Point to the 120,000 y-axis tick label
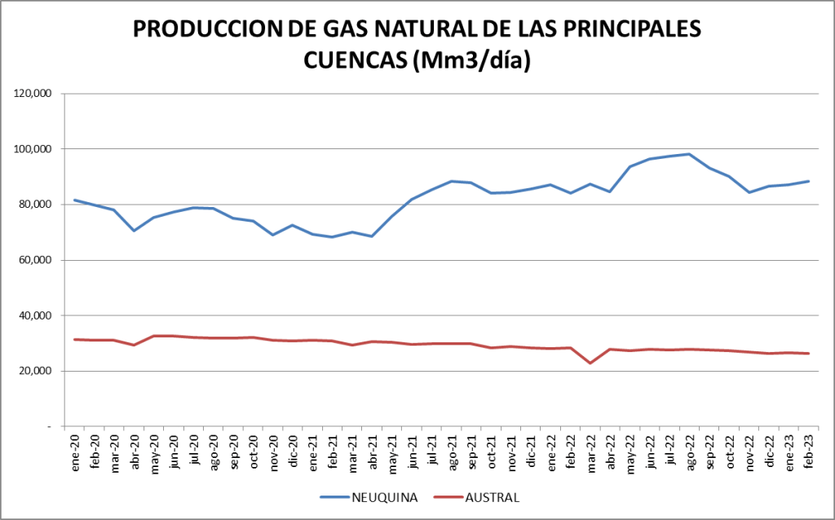[33, 94]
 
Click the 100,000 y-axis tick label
[33, 149]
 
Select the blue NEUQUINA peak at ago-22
[689, 154]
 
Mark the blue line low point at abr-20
[135, 231]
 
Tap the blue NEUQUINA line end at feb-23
[808, 181]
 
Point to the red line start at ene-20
[75, 339]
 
